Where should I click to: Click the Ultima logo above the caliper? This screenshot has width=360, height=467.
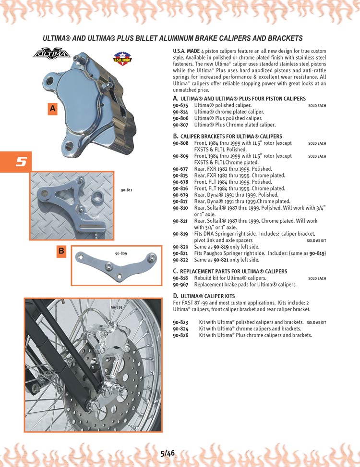[x=51, y=54]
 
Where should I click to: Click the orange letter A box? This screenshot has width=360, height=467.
[x=53, y=109]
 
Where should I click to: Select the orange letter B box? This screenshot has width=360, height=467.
[x=61, y=251]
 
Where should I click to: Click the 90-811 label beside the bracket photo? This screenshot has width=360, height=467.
[x=126, y=190]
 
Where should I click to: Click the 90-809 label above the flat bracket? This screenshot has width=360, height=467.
[x=120, y=253]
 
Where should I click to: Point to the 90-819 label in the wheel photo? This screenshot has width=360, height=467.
[x=116, y=307]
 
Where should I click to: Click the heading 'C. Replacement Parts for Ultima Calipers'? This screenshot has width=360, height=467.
[x=230, y=272]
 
